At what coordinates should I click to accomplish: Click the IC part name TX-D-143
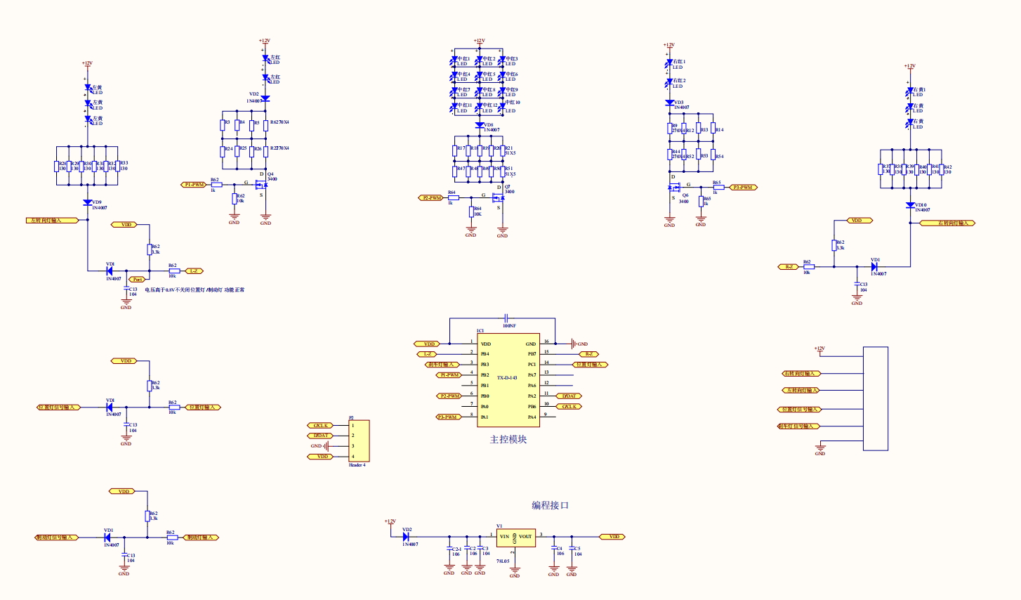coord(507,378)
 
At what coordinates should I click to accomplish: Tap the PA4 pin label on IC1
coord(532,417)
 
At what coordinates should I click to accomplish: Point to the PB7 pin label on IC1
coord(532,354)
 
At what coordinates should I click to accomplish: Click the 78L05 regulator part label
coord(503,561)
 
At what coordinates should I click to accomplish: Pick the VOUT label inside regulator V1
coord(526,537)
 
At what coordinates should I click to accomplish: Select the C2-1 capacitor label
coord(456,549)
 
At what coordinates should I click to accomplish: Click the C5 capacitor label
coord(578,549)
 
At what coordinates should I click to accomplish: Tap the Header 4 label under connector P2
coord(357,465)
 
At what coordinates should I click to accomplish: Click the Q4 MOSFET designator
coord(270,174)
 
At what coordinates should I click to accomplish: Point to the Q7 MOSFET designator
coord(508,187)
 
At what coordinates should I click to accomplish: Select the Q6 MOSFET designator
coord(685,196)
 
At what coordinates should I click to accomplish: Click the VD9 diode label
coord(97,202)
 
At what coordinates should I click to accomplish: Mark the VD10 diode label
coord(921,205)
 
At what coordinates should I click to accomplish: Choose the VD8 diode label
coord(489,125)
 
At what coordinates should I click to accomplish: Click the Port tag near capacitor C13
coord(138,280)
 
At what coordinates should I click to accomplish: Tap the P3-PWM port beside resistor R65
coord(742,188)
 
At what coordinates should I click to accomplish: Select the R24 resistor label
coord(228,149)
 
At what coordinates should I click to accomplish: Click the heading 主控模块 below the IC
coord(508,440)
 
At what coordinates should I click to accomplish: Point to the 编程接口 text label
coord(550,505)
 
